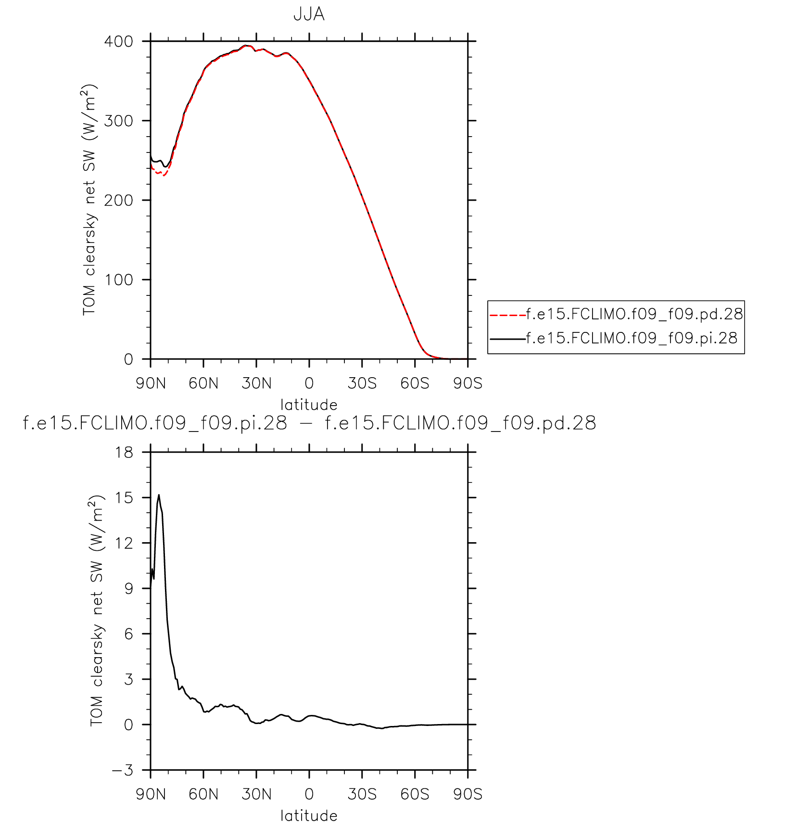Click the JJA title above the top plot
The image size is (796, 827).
point(309,14)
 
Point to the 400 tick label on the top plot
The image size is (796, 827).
point(119,41)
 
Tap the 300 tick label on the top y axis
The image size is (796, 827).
point(119,121)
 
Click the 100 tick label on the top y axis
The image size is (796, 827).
point(119,280)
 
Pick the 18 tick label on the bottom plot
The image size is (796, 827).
point(124,452)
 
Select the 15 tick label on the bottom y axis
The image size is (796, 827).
point(124,497)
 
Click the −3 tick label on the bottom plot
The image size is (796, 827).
point(122,770)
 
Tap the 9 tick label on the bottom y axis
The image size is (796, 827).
point(128,588)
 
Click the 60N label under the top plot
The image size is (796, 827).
point(203,383)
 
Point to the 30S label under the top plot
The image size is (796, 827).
point(362,383)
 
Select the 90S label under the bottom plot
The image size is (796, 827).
point(467,794)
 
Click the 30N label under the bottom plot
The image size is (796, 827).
point(256,794)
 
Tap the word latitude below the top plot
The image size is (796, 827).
point(309,405)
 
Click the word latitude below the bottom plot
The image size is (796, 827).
point(309,816)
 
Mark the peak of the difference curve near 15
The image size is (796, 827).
point(159,495)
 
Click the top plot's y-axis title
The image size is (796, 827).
point(89,200)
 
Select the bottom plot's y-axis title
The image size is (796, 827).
point(96,611)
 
